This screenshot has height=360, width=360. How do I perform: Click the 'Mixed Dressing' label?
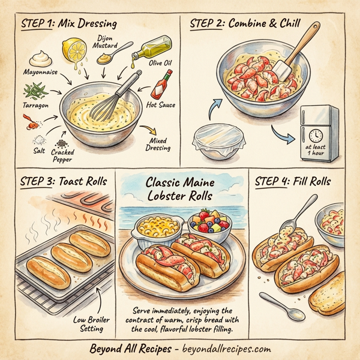click(160, 144)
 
